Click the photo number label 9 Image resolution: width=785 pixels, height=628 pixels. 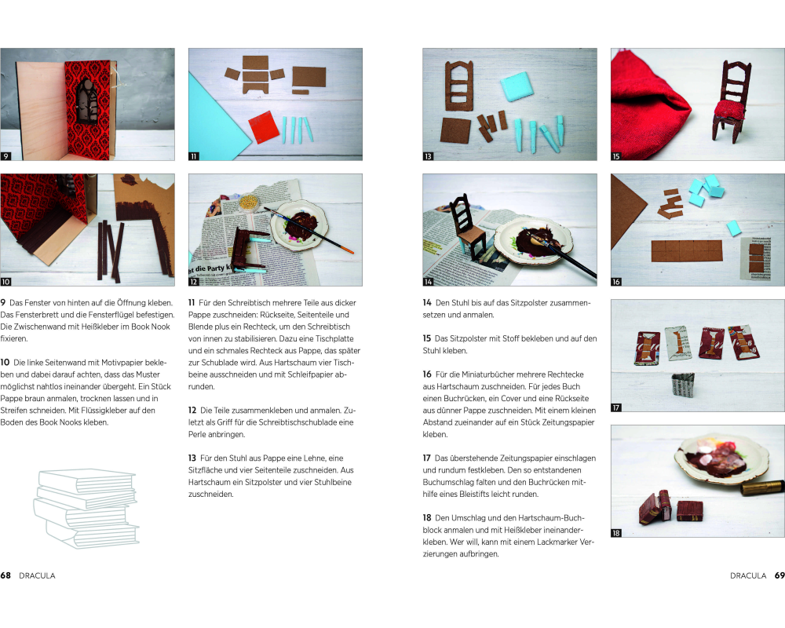(5, 156)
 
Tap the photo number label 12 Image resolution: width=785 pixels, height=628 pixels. (194, 282)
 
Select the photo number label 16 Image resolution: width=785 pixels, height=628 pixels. (616, 282)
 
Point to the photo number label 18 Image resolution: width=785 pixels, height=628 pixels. (616, 533)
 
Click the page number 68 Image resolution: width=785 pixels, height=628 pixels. (5, 575)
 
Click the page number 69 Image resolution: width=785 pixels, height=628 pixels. (780, 575)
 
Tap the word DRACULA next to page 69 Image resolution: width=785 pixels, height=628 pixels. (748, 575)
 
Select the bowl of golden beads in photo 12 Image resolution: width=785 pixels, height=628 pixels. (248, 203)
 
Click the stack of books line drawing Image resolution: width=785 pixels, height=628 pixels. (86, 509)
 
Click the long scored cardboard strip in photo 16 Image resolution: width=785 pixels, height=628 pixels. (687, 251)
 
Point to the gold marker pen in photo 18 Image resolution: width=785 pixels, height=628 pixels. (762, 487)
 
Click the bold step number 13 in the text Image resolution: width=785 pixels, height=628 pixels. (192, 458)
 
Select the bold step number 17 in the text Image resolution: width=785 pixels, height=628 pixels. (426, 458)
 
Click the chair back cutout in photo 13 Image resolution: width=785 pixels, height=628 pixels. (459, 86)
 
